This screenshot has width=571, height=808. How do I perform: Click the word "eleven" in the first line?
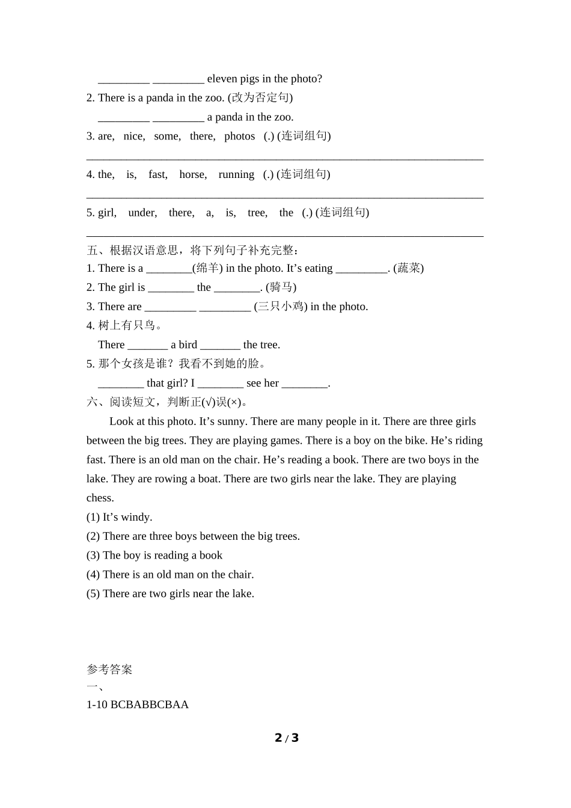click(222, 79)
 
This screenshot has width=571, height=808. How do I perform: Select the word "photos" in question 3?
click(239, 136)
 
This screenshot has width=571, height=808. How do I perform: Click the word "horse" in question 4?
click(192, 174)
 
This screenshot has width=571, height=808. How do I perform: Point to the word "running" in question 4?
click(236, 174)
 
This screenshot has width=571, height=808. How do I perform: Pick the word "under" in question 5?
click(142, 213)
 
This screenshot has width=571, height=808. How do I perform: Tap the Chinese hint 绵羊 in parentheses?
click(207, 268)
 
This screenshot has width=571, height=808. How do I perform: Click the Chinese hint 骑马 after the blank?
click(281, 287)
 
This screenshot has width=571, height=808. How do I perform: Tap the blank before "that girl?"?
click(121, 384)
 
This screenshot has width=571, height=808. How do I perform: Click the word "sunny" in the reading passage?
click(231, 421)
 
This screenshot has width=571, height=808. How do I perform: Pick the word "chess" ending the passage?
click(100, 498)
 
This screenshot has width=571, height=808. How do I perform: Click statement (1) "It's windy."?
click(119, 517)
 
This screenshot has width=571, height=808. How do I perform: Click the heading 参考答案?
click(109, 670)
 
